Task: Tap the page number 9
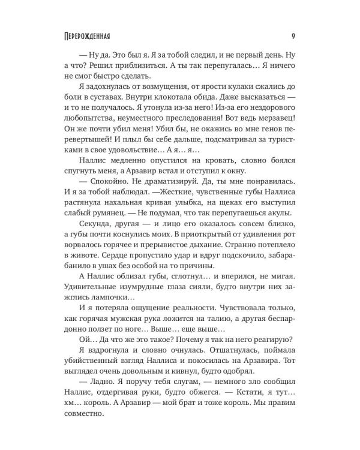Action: tap(291, 35)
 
